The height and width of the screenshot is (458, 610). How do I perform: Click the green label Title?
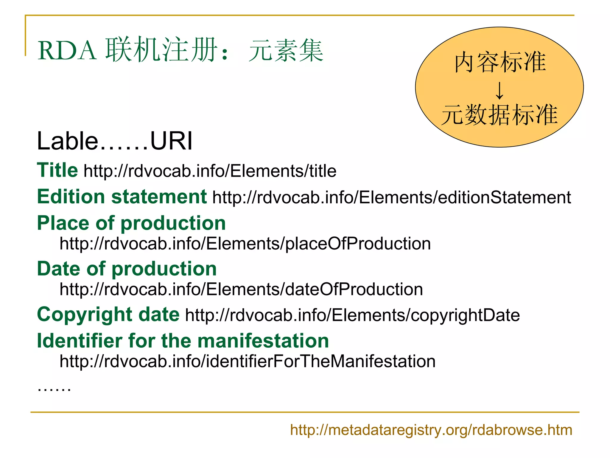pos(57,170)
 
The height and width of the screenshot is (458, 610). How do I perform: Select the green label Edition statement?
pos(122,197)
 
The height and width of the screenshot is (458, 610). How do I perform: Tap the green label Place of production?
pos(131,223)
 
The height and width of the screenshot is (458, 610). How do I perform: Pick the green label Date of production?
pos(127,269)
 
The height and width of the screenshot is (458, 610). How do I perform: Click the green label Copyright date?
pos(108,315)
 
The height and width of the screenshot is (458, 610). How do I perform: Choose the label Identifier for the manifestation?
pos(183,341)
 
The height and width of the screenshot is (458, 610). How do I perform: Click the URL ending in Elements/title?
pos(210,171)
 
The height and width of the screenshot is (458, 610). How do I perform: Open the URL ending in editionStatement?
pos(391,197)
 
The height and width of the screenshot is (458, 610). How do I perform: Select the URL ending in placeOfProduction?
pos(245,244)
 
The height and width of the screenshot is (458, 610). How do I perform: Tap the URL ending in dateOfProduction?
pos(241,289)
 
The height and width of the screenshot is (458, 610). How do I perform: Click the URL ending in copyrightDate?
pos(352,315)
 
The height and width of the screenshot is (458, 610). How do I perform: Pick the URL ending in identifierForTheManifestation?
pos(248,361)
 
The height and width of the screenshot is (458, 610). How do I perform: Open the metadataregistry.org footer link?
pos(431,430)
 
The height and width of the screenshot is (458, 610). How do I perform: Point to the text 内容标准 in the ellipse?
pos(500,62)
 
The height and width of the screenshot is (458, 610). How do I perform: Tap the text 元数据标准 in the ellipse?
pos(499,115)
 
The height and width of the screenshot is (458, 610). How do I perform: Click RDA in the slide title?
pos(67,51)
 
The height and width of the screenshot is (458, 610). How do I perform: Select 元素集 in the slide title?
pos(286,51)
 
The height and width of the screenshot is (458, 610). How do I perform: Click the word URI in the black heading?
pos(171,141)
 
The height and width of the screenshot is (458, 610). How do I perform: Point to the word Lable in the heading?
pos(68,141)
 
